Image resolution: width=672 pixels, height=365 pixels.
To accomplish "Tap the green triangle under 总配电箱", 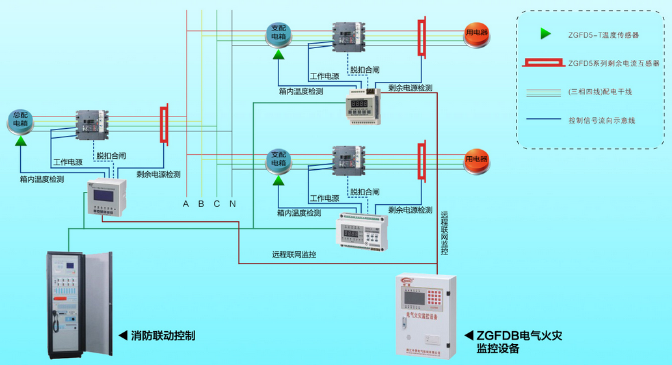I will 21,140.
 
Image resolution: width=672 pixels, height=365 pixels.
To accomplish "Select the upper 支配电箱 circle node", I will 278,33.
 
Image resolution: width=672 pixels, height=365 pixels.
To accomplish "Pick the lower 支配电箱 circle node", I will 278,159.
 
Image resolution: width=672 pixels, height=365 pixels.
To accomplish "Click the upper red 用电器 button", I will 476,33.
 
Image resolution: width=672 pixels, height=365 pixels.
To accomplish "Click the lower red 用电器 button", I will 476,159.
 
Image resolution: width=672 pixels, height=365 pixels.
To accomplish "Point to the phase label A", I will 185,204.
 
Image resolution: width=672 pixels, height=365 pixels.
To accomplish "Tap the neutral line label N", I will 232,204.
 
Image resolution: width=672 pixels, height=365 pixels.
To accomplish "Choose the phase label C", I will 217,204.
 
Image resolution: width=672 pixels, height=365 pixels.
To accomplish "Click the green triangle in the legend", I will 545,34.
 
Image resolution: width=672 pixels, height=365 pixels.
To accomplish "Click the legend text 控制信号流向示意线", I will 601,120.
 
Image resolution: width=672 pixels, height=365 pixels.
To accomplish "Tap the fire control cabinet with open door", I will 79,304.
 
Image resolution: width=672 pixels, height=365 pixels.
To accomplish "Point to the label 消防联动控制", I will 163,336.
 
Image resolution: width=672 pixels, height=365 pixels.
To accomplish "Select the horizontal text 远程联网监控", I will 294,254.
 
